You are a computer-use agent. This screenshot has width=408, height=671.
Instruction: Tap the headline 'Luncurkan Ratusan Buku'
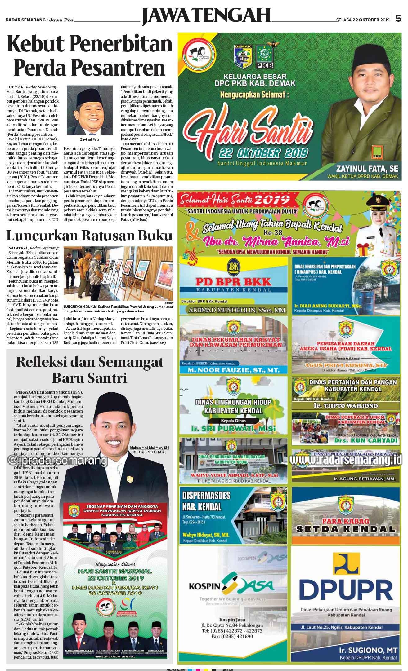[89, 236]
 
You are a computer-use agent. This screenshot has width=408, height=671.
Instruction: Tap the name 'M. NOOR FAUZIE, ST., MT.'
[234, 370]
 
